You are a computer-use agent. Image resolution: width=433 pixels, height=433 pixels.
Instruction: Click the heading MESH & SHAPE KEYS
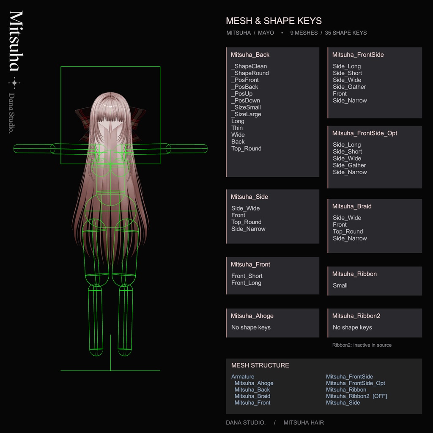(x=274, y=21)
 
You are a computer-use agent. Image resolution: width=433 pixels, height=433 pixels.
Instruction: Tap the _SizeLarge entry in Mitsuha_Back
(x=246, y=114)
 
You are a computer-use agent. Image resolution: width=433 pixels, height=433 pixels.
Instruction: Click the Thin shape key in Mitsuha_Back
(x=237, y=128)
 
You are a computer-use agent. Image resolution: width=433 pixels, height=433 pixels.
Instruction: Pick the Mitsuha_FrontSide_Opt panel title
(x=364, y=133)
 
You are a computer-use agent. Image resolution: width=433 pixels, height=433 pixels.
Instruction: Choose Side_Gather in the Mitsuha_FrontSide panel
(x=349, y=87)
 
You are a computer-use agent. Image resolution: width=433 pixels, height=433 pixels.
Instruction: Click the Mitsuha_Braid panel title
(x=351, y=206)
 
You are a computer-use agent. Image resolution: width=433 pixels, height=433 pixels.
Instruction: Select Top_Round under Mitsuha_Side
(x=247, y=222)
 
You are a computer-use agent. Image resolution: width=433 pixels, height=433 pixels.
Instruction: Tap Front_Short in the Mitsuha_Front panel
(x=247, y=276)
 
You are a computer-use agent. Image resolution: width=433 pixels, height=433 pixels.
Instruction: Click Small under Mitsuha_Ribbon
(x=340, y=285)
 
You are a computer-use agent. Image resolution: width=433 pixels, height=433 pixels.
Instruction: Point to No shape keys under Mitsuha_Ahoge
(x=251, y=327)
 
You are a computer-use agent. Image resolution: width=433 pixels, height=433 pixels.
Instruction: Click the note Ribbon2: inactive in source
(x=362, y=345)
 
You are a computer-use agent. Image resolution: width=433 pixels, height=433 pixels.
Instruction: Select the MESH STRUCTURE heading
(x=260, y=365)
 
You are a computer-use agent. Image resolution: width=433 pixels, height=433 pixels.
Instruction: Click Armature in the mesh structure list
(x=243, y=377)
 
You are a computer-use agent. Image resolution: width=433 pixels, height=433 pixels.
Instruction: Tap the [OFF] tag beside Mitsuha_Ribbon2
(x=380, y=396)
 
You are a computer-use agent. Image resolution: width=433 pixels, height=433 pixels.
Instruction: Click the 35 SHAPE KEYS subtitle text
(x=346, y=33)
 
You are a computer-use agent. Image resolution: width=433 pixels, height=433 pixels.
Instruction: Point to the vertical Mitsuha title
(x=16, y=41)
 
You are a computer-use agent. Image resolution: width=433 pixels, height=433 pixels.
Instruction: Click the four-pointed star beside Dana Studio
(x=14, y=83)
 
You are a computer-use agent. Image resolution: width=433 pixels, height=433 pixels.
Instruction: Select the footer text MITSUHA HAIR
(x=304, y=422)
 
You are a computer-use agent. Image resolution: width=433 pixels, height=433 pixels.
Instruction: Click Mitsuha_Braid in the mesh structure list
(x=252, y=396)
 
